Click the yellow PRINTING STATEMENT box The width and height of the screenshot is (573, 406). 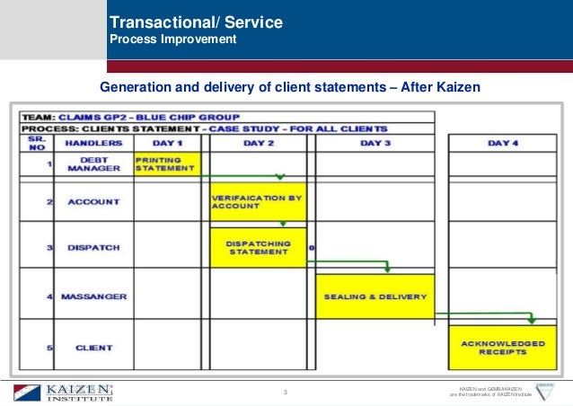(166, 163)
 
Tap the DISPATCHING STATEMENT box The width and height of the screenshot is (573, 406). (258, 247)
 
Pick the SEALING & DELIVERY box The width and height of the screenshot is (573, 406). (374, 296)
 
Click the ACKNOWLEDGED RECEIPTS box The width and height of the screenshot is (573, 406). (502, 348)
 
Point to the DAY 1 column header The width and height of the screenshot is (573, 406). (167, 143)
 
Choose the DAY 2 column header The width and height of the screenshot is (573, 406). (258, 143)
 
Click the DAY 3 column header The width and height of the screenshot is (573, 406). (375, 143)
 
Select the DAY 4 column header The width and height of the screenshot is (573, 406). (502, 143)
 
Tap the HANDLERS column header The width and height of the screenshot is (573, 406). (93, 143)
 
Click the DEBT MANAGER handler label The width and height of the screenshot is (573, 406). (93, 163)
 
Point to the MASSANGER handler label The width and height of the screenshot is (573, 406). (93, 296)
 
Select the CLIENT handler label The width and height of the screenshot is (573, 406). (93, 347)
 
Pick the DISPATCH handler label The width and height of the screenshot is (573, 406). (93, 247)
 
